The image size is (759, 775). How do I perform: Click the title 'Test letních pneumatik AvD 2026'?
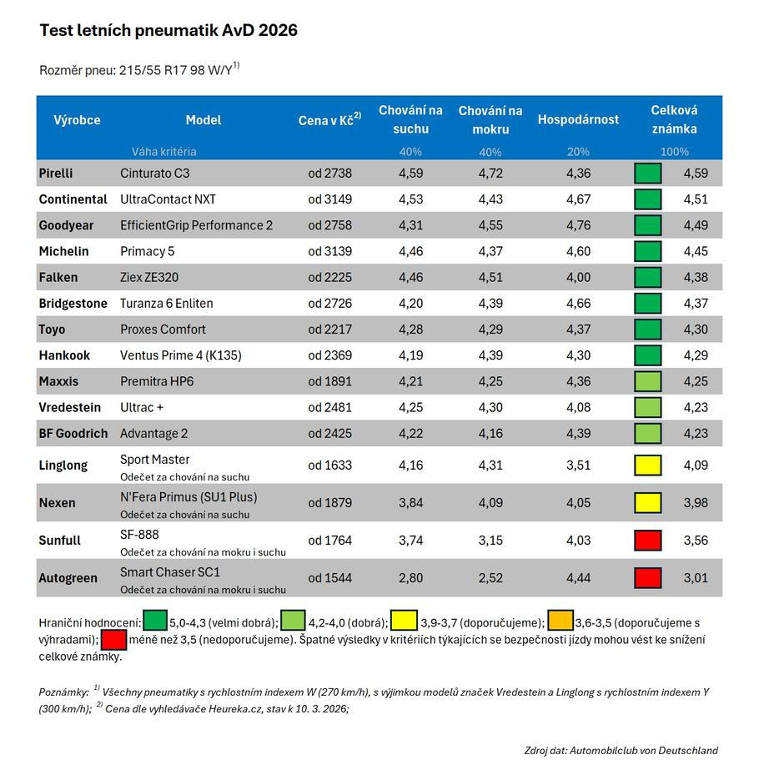point(168,31)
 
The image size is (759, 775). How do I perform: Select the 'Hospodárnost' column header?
point(578,119)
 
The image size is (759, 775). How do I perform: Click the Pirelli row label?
point(56,174)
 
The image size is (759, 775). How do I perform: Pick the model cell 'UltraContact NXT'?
point(168,199)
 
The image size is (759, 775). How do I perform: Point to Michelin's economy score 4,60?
point(578,251)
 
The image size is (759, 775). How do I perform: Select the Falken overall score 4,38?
point(695,277)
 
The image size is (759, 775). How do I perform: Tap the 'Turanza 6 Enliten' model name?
point(167,303)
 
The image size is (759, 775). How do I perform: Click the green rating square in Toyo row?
point(647,329)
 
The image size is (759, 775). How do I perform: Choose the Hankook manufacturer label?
point(64,355)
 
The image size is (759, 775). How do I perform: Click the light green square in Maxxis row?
point(647,381)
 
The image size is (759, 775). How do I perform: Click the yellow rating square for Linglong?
point(647,465)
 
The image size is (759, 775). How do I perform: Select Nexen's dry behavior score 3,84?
point(410,502)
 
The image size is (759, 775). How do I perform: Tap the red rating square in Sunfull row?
point(647,540)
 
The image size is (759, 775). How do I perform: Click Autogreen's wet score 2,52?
point(490,577)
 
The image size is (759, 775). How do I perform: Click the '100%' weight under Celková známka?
point(674,152)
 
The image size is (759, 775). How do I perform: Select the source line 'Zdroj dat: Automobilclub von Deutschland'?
point(621,750)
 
